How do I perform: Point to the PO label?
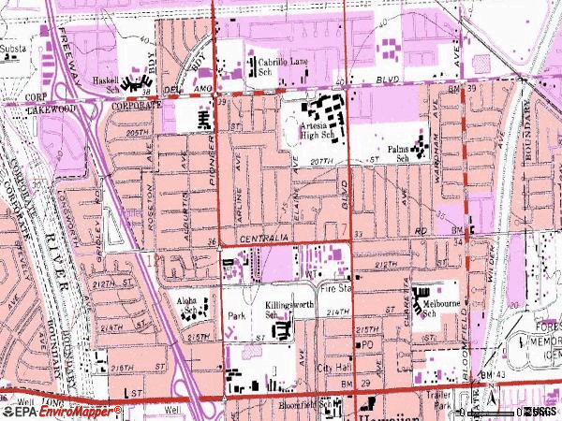pos(368,345)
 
